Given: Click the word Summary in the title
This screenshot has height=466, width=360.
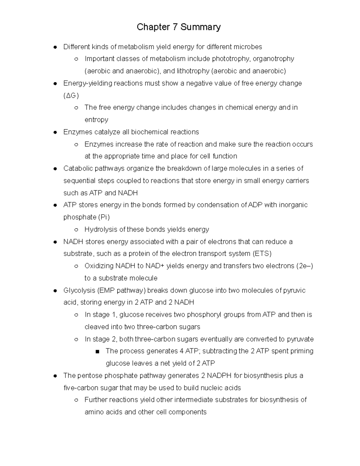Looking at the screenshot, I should (x=200, y=27).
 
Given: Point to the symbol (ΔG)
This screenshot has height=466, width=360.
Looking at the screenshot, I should (x=71, y=95).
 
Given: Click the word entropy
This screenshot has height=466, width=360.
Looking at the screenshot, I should (x=96, y=120).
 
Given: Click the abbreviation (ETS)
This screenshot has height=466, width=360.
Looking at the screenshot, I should (x=262, y=254).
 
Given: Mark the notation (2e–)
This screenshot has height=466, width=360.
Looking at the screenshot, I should (x=304, y=266).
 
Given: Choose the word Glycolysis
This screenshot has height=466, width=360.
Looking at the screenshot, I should (x=79, y=290).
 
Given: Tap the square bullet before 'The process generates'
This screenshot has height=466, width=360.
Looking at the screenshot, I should (x=97, y=352).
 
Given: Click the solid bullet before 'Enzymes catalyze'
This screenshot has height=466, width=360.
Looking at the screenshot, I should (x=55, y=132).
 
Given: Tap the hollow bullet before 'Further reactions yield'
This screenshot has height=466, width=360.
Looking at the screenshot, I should (x=76, y=400).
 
